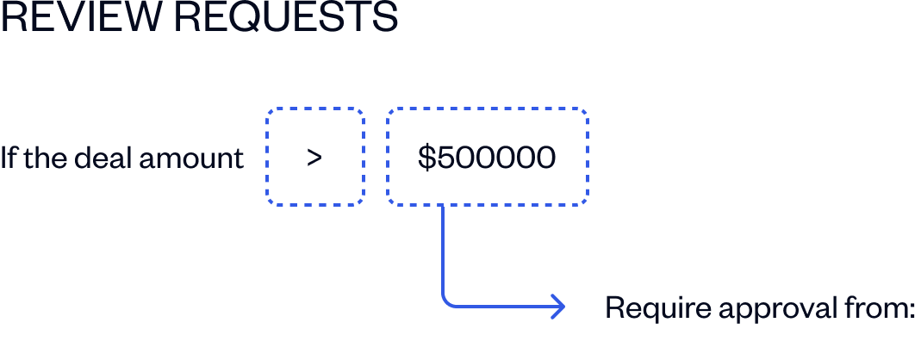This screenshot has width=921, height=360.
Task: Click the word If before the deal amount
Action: tap(8, 158)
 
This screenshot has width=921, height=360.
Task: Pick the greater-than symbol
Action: tap(314, 158)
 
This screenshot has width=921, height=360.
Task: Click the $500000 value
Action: tap(487, 158)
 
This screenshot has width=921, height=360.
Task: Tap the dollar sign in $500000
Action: tap(426, 158)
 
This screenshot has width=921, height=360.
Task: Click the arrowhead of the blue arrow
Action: tap(559, 307)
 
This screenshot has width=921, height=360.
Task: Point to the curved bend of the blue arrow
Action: tap(447, 301)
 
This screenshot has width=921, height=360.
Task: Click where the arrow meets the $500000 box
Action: tap(442, 205)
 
